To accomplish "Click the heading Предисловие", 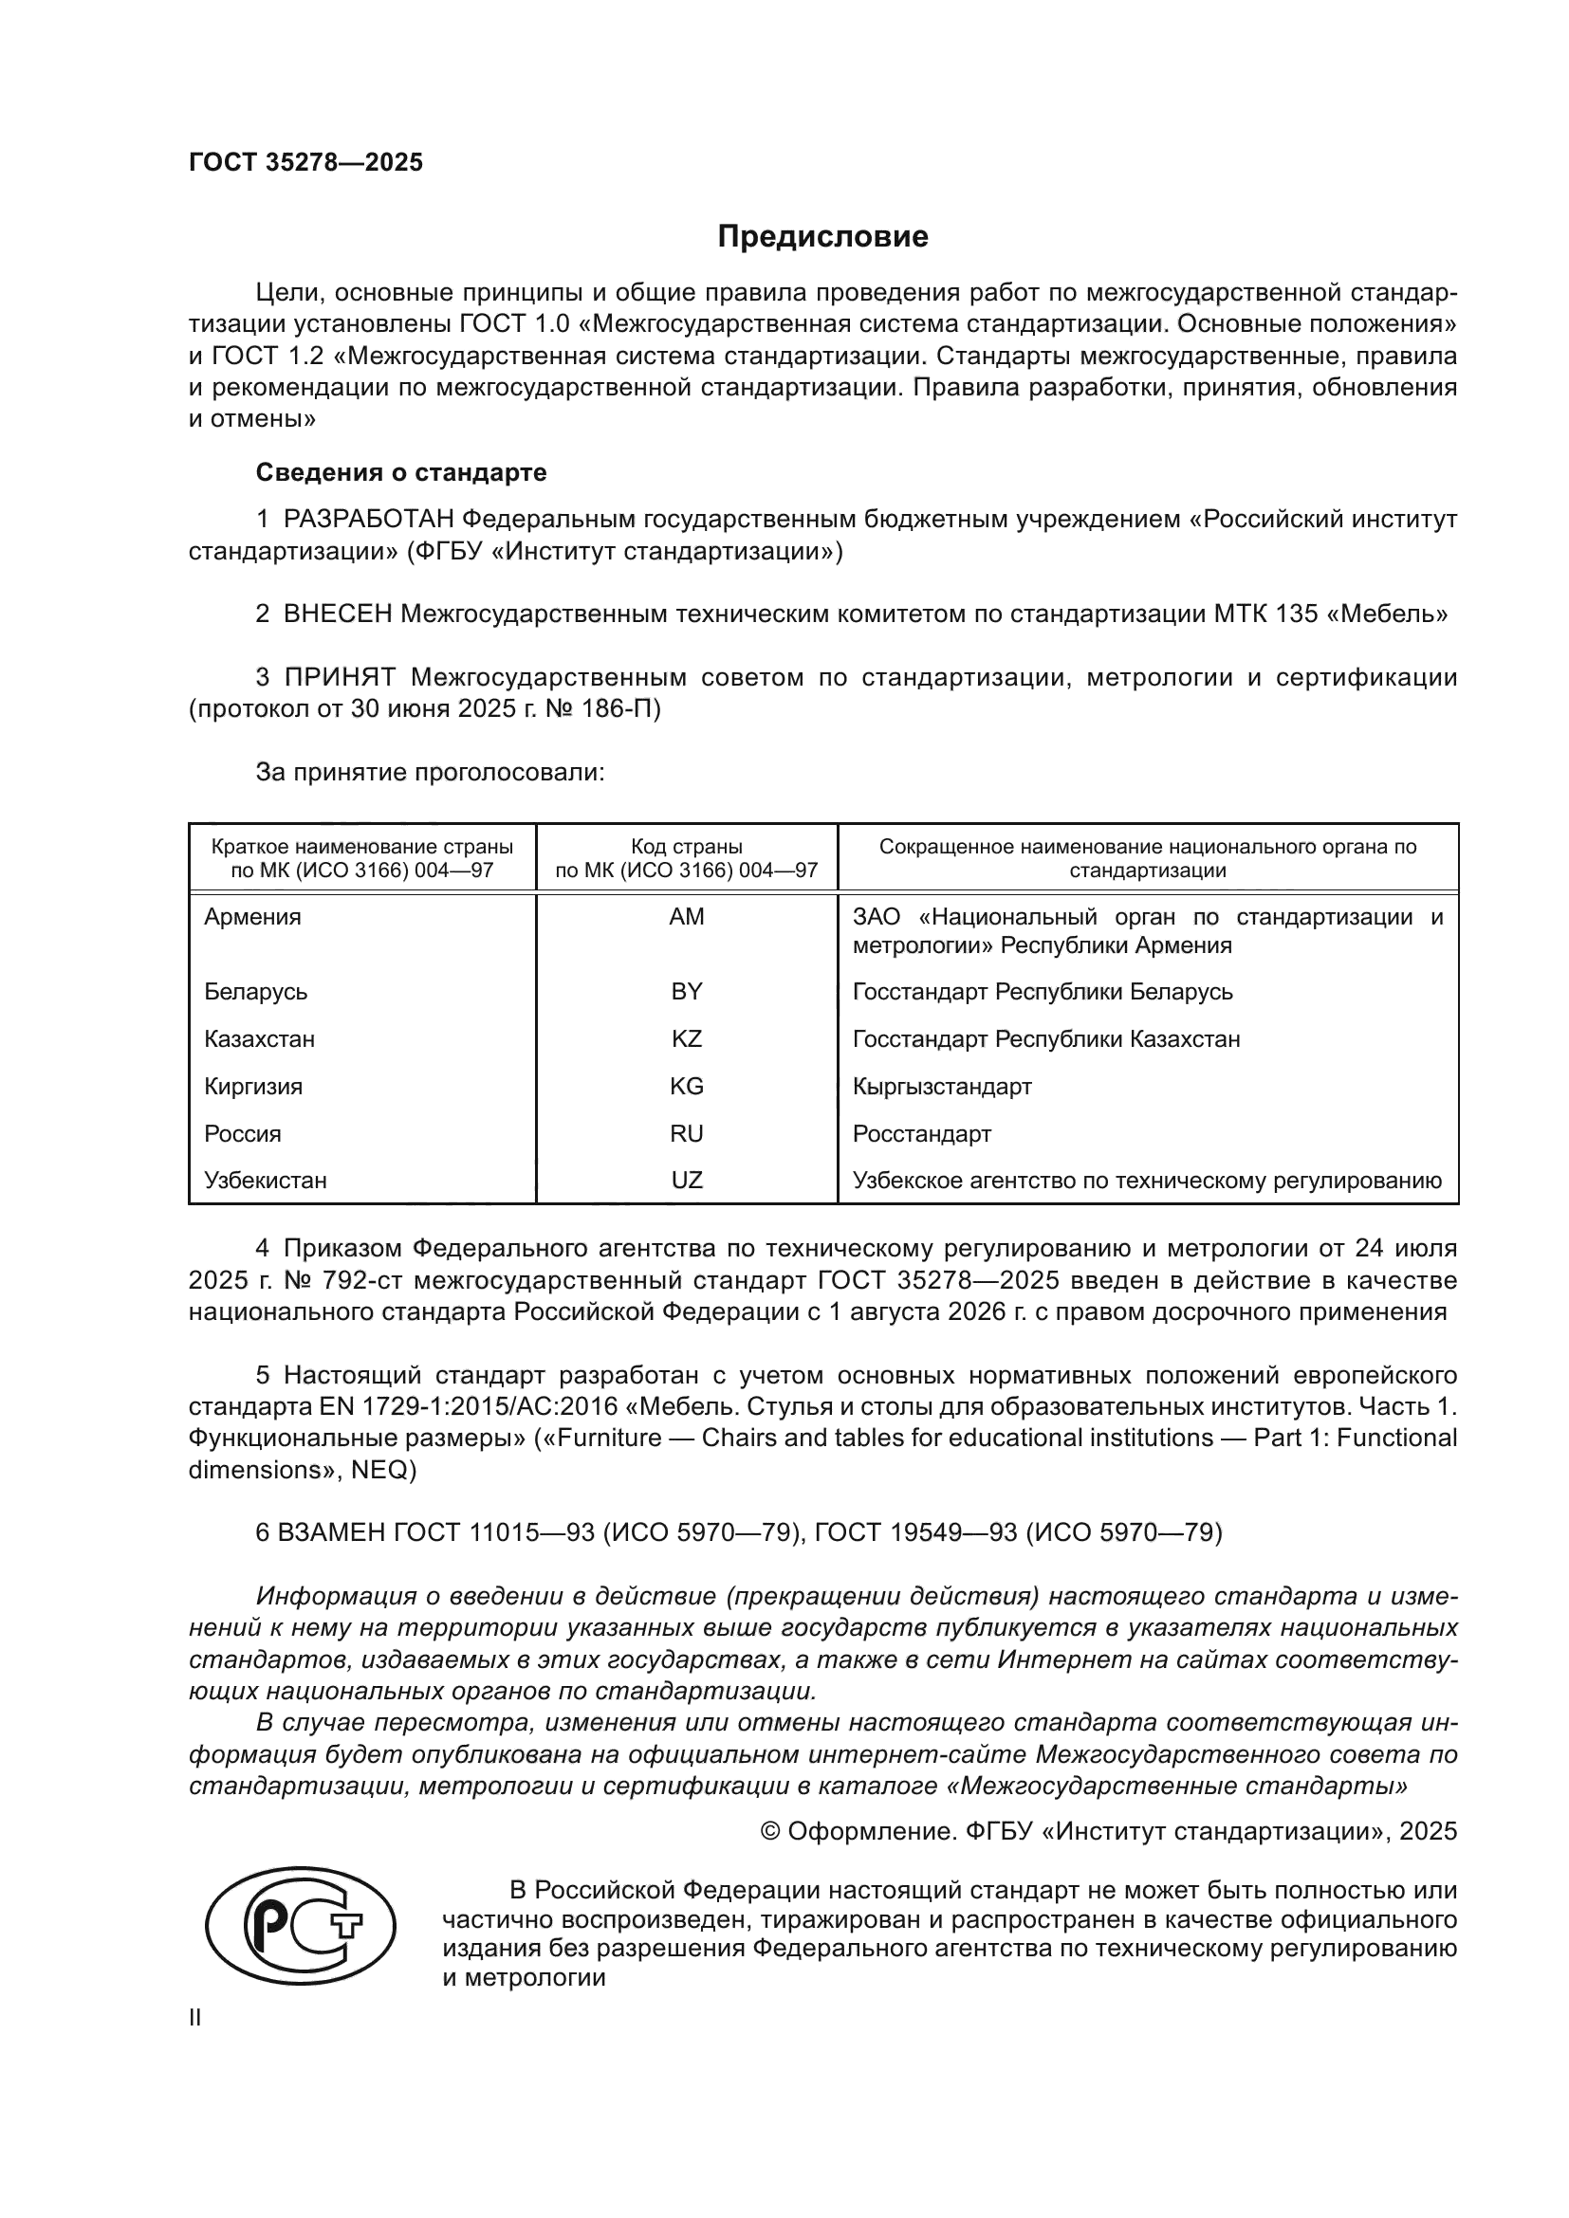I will pos(822,237).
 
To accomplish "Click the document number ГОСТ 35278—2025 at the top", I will pos(305,162).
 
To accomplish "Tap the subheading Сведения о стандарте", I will pos(401,472).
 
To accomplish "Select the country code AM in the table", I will pos(686,917).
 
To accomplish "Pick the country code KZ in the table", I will pos(686,1039).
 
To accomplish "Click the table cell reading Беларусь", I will pos(255,992).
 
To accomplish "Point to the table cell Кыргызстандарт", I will pos(941,1087).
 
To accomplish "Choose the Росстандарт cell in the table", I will pos(921,1134).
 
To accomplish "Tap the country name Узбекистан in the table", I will pos(265,1181).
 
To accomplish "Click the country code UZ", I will pos(686,1181).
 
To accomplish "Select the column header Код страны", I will pos(686,847).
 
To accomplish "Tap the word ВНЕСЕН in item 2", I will pos(338,614).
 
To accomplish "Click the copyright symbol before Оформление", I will pos(770,1833).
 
